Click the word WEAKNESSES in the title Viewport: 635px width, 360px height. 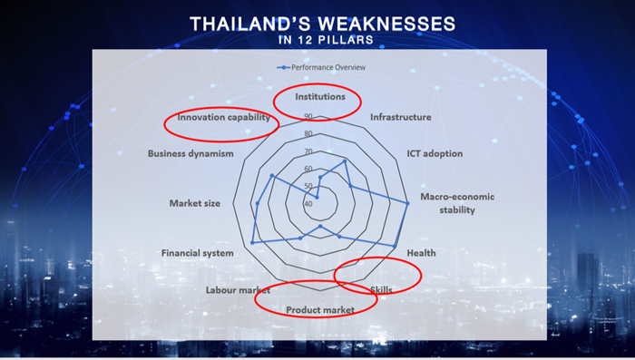[x=386, y=24]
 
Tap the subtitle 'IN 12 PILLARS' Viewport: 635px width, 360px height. [x=326, y=40]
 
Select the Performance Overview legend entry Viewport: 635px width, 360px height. [x=321, y=67]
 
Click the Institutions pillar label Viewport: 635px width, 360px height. [x=320, y=96]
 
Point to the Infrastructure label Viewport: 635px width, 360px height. [x=401, y=117]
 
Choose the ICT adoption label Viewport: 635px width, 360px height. [x=435, y=153]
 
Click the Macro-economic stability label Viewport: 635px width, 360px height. [x=457, y=203]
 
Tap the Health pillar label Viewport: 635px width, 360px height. [x=421, y=253]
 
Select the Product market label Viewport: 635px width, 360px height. [x=320, y=310]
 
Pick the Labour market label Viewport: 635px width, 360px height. [x=238, y=290]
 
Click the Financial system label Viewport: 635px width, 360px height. [x=197, y=253]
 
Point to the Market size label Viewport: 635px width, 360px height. [x=195, y=203]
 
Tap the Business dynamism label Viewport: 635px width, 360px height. [x=190, y=153]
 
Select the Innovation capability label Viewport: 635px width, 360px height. [x=223, y=117]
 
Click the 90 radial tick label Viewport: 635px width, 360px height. [x=308, y=116]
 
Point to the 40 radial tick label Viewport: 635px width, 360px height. [x=308, y=204]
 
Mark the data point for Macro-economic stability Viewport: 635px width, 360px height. [x=407, y=203]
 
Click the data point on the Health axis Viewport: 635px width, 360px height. [x=395, y=246]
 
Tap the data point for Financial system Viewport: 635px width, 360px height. [x=252, y=242]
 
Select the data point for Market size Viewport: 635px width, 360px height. [x=258, y=203]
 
